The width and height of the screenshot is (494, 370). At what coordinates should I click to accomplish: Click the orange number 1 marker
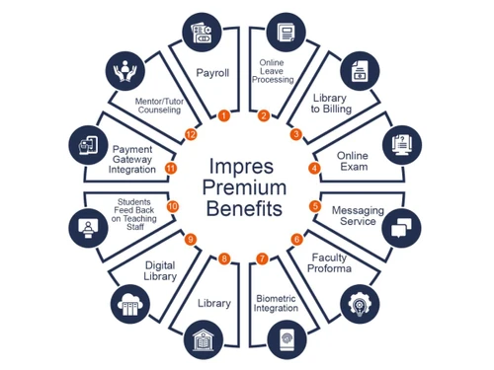click(x=224, y=115)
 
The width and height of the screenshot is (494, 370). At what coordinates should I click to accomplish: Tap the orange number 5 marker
click(x=315, y=206)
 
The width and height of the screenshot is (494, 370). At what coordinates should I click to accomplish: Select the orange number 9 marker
click(x=191, y=239)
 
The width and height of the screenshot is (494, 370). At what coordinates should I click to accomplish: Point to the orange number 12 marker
click(x=191, y=133)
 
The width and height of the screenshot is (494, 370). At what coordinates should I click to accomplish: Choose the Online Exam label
click(x=352, y=161)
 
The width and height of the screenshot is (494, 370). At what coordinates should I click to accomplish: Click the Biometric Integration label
click(x=276, y=301)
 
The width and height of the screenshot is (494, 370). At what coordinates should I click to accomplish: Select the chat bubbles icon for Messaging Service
click(x=400, y=229)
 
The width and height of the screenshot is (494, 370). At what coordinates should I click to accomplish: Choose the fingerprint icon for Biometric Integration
click(x=288, y=335)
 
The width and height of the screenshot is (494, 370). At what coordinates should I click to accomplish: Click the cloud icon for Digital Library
click(x=131, y=301)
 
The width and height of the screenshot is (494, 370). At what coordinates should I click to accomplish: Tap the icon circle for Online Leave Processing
click(x=288, y=32)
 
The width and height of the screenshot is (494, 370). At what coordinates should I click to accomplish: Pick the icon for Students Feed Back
click(x=88, y=226)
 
